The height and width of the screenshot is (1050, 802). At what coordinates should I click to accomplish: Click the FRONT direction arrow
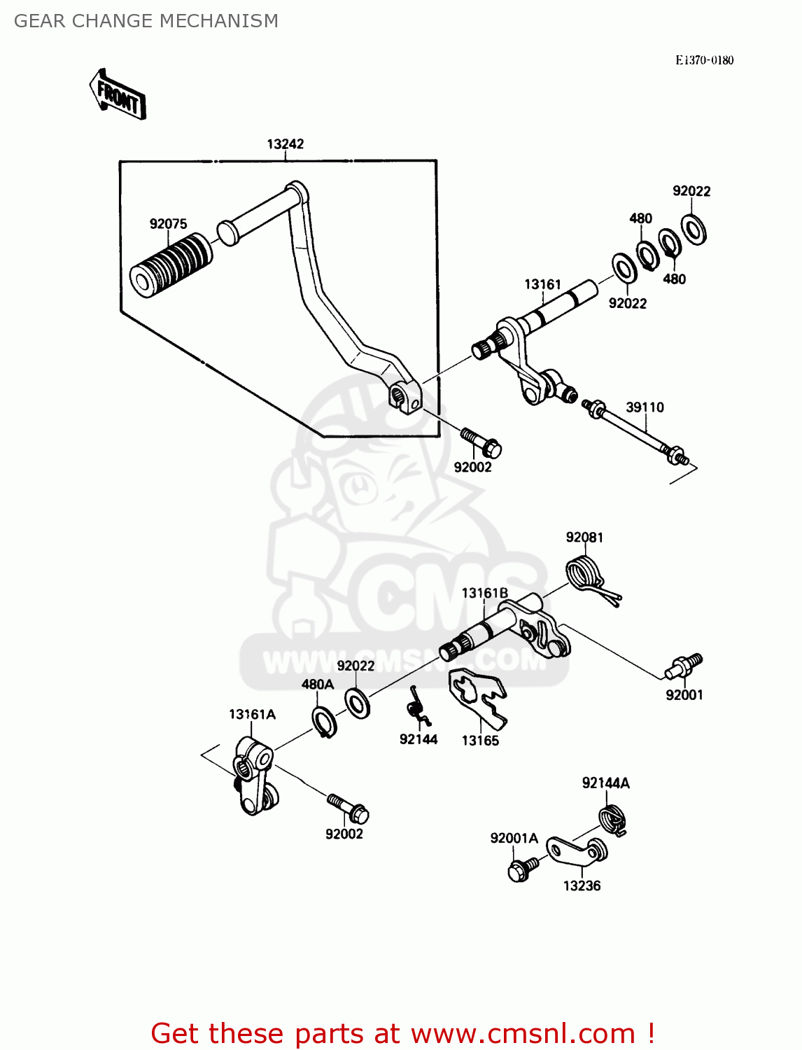tap(118, 94)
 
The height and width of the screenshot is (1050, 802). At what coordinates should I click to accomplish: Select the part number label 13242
tap(285, 144)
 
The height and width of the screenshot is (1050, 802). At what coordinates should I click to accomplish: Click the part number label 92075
tap(168, 224)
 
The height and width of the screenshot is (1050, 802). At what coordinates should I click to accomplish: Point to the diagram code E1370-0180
tap(704, 60)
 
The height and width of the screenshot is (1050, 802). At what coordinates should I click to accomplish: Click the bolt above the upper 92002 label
tap(481, 442)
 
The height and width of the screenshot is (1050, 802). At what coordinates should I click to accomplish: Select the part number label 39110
tap(645, 407)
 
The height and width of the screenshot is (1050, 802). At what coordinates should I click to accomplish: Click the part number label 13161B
tap(484, 594)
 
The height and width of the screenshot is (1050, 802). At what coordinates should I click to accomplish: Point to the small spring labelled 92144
tap(418, 707)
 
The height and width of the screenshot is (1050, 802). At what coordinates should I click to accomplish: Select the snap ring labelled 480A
tap(324, 722)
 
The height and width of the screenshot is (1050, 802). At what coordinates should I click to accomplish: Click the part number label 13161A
tap(252, 715)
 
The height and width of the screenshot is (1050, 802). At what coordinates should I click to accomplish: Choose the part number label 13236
tap(582, 886)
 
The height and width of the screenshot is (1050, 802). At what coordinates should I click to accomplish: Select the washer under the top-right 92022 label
tap(694, 228)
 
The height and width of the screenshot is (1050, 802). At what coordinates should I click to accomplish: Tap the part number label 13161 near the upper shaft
tap(542, 284)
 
